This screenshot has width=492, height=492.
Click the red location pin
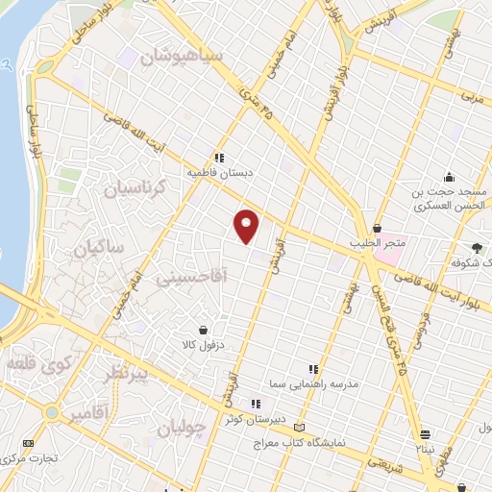point(247,226)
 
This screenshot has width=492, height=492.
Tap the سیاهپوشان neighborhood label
point(182,58)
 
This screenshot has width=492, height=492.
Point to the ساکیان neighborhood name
point(97,248)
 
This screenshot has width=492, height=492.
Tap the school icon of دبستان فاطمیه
point(219,158)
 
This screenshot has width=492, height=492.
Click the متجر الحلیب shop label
point(375,244)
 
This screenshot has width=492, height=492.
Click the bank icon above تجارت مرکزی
point(27,443)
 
